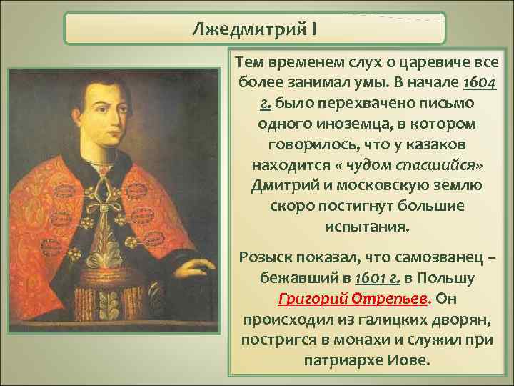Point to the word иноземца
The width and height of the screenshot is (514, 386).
[341, 124]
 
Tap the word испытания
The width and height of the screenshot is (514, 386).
[367, 226]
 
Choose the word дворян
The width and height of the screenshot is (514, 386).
[460, 317]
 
